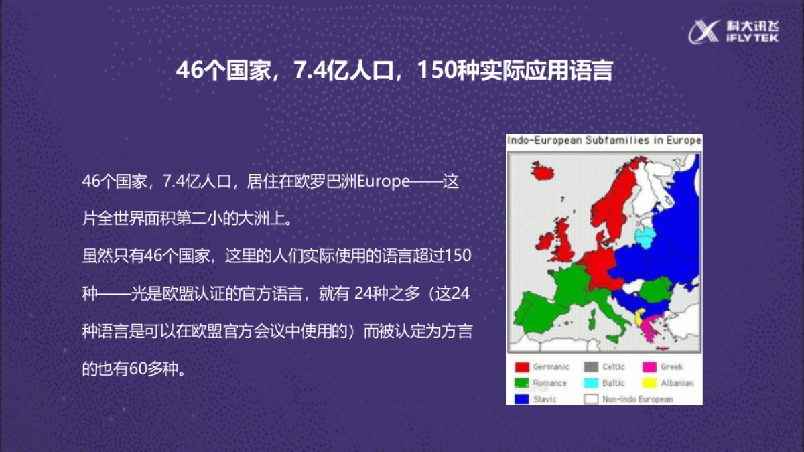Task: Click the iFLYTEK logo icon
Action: (x=706, y=31)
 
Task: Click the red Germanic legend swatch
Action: (x=522, y=367)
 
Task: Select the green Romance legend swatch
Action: (x=522, y=383)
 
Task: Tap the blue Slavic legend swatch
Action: (x=522, y=399)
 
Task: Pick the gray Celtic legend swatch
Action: (x=591, y=367)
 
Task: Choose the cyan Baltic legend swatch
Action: (x=591, y=383)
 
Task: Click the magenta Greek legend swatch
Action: (x=649, y=367)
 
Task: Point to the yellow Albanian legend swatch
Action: (x=649, y=383)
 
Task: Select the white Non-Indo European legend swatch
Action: (x=591, y=399)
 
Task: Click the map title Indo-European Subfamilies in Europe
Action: (x=604, y=141)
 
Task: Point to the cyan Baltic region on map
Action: (x=645, y=236)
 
